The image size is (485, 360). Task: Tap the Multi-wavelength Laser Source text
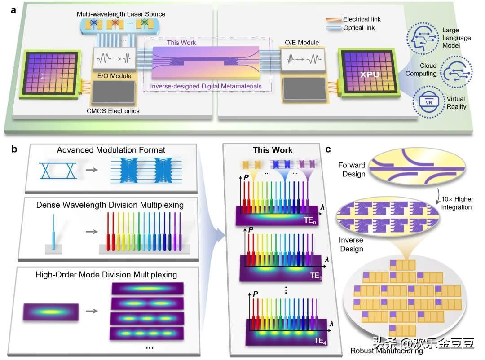point(121,14)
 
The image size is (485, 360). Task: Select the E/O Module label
point(114,76)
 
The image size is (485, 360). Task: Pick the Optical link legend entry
point(359,28)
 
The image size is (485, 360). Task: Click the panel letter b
point(15,149)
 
